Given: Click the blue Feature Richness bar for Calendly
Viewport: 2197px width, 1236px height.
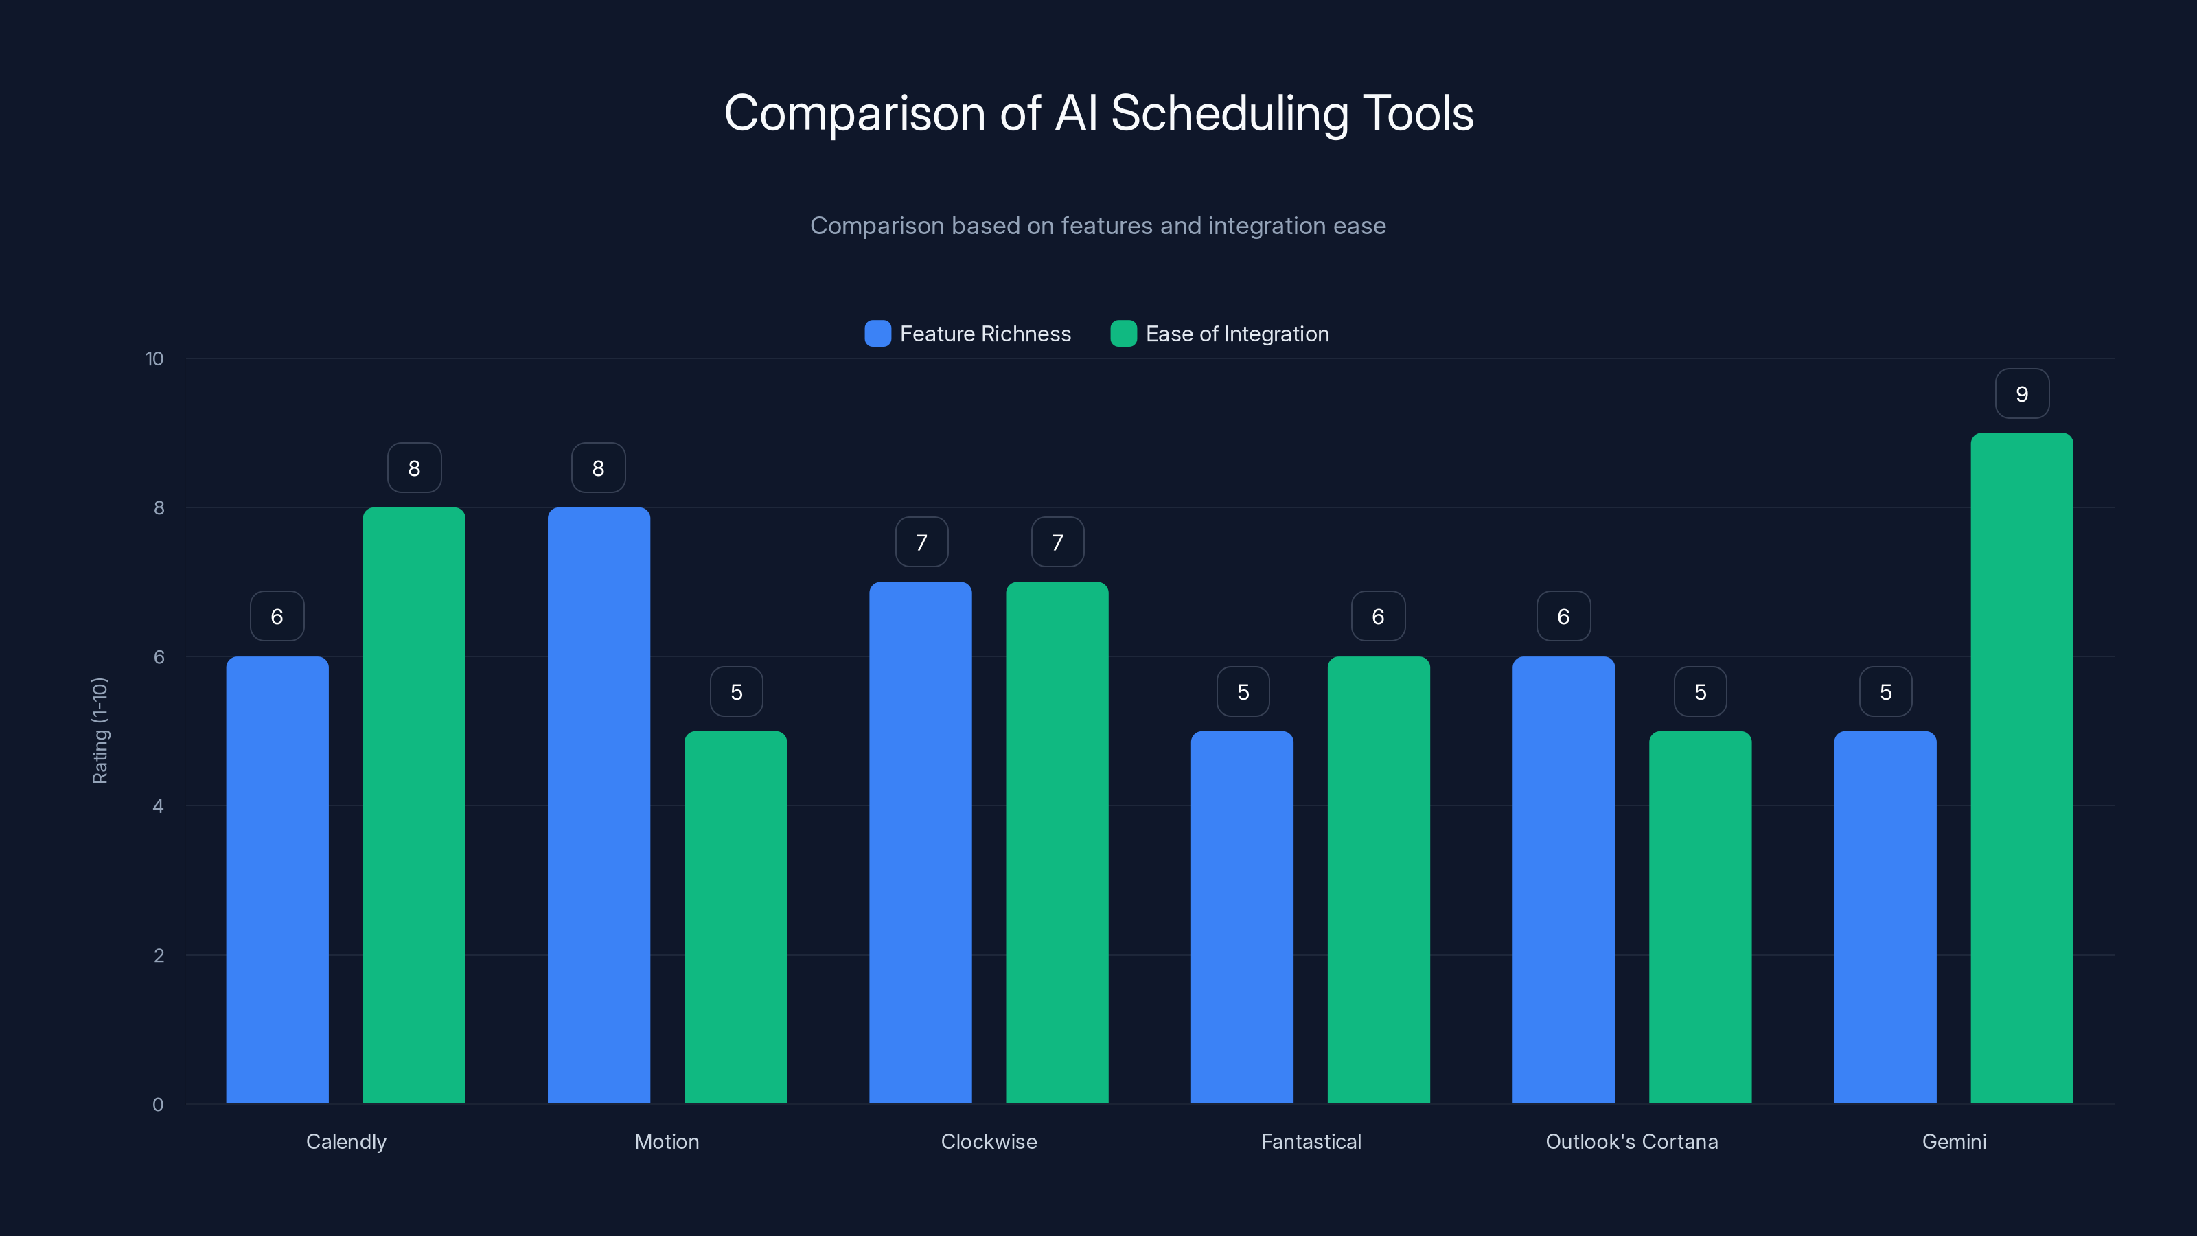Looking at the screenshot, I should coord(277,879).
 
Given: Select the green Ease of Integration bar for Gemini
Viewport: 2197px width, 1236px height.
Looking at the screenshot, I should coord(2021,768).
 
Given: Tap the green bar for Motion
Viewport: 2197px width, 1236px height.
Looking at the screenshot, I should coord(735,917).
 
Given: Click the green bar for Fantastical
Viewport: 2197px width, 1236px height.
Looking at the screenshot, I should coord(1378,879).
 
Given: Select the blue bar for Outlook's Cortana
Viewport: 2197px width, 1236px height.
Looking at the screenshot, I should coord(1563,879).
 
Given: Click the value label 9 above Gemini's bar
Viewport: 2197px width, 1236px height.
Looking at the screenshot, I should coord(2021,394).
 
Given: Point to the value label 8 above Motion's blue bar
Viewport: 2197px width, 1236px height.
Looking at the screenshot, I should coord(598,468).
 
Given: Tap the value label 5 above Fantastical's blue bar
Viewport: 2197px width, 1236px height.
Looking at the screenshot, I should coord(1243,691).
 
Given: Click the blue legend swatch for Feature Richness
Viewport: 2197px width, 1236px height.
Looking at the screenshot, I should coord(877,334).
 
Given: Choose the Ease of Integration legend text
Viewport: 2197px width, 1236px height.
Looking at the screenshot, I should coord(1236,334).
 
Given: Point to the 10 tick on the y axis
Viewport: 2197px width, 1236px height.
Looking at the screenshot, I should coord(154,358).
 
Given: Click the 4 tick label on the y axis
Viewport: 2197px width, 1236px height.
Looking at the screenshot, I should coord(158,806).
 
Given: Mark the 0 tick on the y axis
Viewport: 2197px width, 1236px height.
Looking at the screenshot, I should coord(158,1105).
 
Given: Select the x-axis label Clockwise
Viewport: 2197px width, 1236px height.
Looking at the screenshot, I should coord(989,1141).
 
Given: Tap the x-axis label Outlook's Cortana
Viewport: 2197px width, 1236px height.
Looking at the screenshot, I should coord(1631,1141).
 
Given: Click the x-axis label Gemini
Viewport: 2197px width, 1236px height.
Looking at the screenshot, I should coord(1954,1141).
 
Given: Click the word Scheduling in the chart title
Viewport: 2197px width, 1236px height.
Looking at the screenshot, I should coord(1229,113).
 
